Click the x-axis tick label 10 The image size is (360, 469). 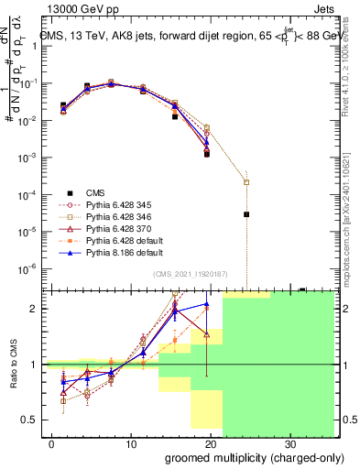pos(129,442)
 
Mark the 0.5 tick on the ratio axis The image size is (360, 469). pos(34,420)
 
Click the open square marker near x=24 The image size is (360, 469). pos(246,181)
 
